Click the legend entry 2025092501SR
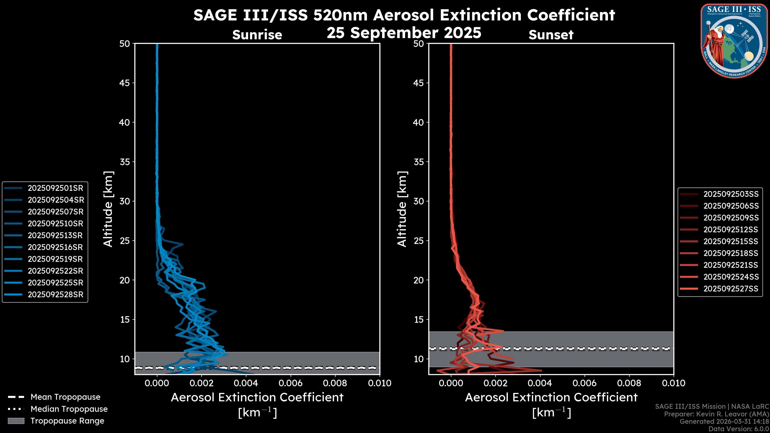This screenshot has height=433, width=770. point(55,188)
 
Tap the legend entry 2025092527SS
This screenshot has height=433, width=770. point(731,289)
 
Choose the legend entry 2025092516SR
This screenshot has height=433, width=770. point(55,247)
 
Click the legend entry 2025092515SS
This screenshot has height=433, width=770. point(731,241)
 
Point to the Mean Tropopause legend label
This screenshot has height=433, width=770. point(65,397)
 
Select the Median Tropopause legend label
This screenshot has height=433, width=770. point(69,409)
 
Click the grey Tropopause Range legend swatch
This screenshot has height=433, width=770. point(16,421)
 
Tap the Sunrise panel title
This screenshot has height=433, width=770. point(257,35)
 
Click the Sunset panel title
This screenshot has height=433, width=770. point(551,35)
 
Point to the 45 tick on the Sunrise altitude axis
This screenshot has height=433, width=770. point(125,83)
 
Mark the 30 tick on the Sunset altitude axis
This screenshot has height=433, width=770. point(418,201)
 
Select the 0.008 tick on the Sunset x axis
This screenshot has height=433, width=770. point(629,383)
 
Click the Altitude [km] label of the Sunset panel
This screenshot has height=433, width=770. point(402,209)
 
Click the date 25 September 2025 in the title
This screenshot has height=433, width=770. point(404,32)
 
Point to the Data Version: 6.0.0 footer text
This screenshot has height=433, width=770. point(739,429)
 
